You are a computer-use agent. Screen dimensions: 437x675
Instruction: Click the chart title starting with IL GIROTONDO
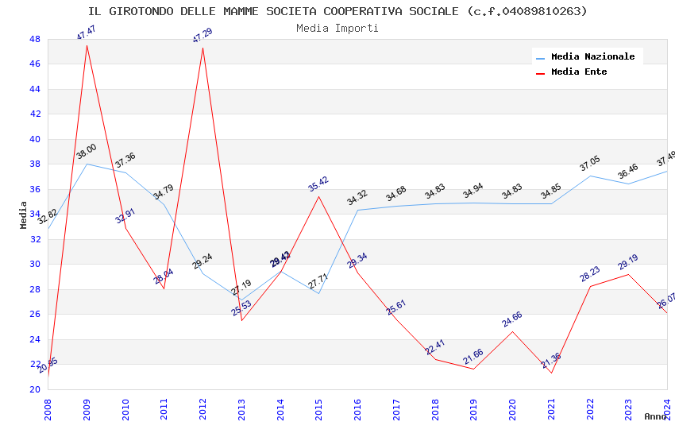[337, 11]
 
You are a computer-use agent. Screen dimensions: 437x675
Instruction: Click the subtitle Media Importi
[337, 28]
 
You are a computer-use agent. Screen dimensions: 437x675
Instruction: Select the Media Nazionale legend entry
[592, 57]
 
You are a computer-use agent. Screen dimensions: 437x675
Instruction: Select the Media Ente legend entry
[579, 72]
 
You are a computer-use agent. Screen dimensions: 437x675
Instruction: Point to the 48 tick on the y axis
[35, 39]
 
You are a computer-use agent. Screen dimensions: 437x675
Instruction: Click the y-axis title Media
[24, 215]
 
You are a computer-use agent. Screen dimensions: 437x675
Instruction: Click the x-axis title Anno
[655, 416]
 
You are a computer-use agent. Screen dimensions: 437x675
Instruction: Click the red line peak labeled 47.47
[87, 45]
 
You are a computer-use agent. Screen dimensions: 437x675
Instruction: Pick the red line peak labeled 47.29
[202, 48]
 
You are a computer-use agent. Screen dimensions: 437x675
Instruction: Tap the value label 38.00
[87, 152]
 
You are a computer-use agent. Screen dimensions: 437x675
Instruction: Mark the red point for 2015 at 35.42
[318, 196]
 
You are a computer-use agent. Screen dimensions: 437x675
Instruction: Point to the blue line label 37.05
[590, 164]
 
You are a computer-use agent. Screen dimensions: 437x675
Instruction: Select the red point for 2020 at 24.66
[512, 331]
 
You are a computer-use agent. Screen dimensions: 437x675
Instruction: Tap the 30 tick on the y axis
[35, 265]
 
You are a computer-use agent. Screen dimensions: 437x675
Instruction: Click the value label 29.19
[628, 262]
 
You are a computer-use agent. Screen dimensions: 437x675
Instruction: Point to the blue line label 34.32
[357, 198]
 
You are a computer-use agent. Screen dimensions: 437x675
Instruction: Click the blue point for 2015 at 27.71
[318, 293]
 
